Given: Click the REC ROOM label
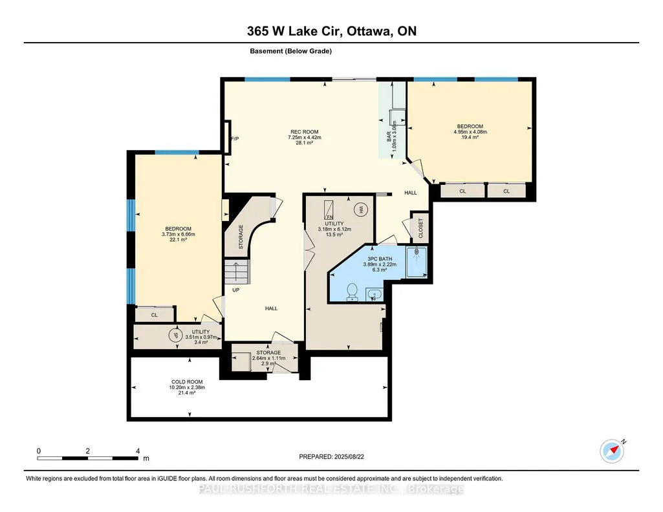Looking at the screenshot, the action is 304,132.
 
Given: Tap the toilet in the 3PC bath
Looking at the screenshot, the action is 352,292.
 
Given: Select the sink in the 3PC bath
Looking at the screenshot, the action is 375,295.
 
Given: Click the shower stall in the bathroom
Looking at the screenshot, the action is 417,262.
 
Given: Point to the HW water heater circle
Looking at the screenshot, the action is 361,209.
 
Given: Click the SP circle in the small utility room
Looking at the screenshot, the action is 175,336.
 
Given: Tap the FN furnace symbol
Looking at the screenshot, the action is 329,210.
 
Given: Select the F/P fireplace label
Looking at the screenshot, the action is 235,139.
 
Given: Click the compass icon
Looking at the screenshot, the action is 612,451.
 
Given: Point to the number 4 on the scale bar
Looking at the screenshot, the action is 138,451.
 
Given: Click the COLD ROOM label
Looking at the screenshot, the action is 187,382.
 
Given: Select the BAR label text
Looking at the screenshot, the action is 389,136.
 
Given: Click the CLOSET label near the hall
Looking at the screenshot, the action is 420,228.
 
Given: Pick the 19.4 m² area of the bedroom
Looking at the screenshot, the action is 470,137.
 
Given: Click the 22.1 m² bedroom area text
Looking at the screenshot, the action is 178,240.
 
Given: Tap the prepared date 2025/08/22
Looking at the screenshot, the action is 349,456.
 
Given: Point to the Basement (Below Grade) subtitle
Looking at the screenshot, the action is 290,51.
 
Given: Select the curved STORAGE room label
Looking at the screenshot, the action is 241,237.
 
